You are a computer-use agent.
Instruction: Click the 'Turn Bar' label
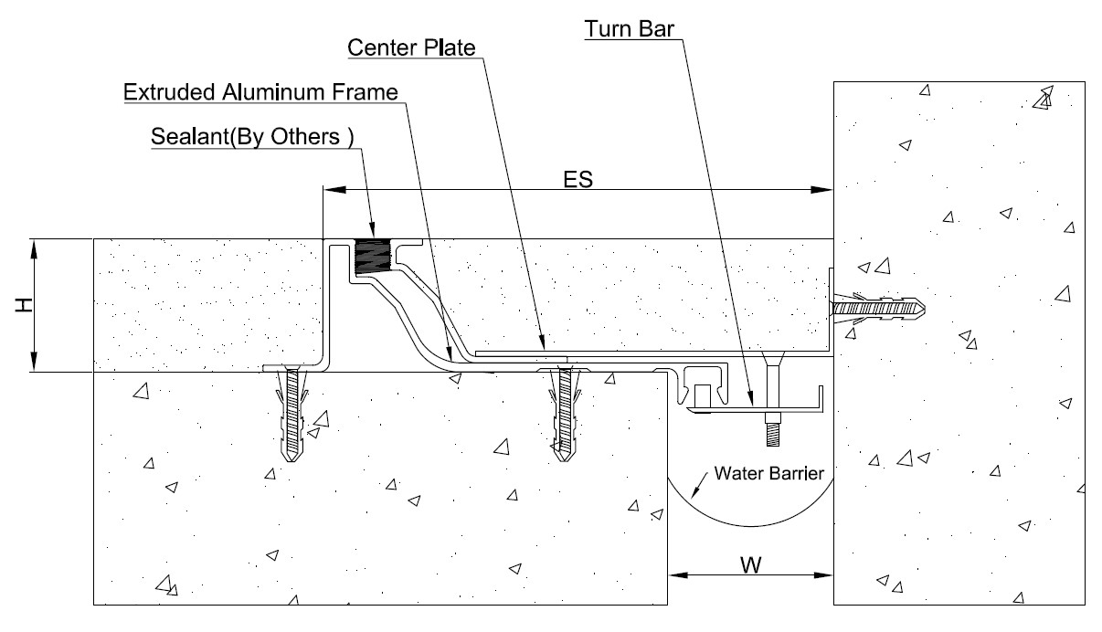click(630, 28)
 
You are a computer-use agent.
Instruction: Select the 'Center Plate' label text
click(411, 47)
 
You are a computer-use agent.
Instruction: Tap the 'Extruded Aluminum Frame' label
click(260, 92)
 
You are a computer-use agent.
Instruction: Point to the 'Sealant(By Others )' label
click(252, 136)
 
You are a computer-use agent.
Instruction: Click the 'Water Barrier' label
click(769, 473)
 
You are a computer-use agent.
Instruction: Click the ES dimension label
click(578, 180)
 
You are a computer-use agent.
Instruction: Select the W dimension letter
click(751, 565)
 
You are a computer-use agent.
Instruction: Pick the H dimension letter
click(23, 305)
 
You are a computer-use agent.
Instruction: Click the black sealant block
click(371, 257)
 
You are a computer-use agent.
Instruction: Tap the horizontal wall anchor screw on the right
click(879, 309)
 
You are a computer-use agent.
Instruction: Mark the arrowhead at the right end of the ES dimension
click(821, 190)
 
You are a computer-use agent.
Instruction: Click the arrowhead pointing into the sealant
click(372, 228)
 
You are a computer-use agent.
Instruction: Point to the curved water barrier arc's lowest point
click(751, 526)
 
